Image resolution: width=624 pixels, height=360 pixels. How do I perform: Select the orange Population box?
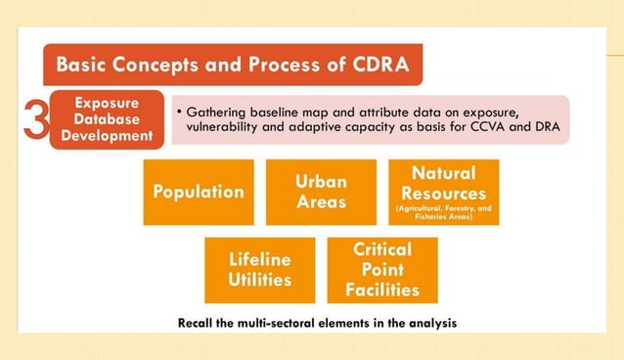(199, 192)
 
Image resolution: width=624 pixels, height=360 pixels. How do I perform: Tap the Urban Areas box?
(321, 192)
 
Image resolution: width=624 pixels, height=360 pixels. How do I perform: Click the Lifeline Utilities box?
(260, 270)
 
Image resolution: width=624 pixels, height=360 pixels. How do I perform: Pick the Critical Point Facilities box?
(382, 270)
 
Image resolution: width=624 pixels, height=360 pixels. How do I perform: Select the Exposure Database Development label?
(108, 118)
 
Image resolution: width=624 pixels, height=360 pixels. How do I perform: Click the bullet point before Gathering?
(180, 112)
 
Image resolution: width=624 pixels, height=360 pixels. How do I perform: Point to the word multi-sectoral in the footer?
(283, 322)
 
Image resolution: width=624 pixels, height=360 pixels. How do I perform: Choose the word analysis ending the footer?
(430, 322)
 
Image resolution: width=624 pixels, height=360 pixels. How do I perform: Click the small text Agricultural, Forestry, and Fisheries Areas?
(443, 212)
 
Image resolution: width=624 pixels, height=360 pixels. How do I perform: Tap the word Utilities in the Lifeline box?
(260, 280)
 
